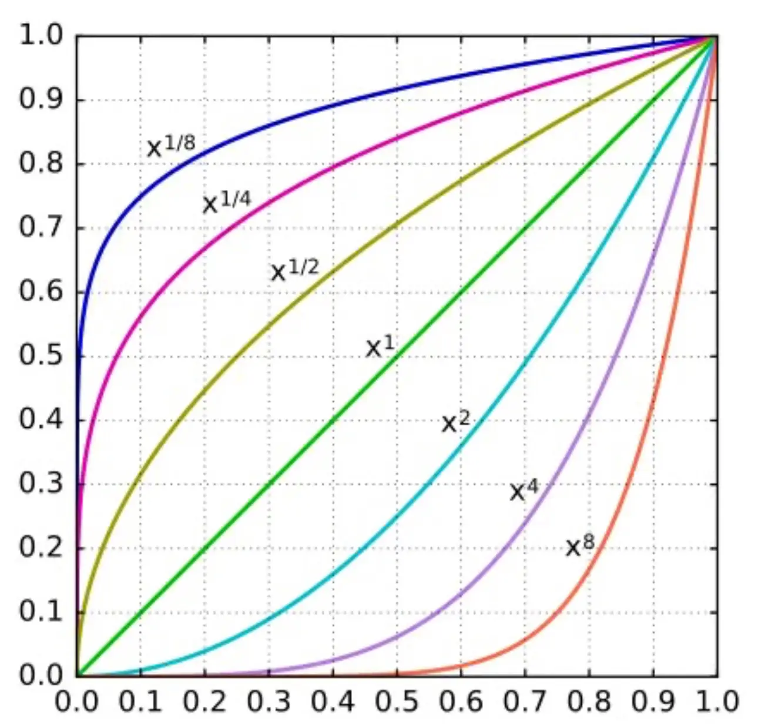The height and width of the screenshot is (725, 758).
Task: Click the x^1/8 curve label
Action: tap(170, 146)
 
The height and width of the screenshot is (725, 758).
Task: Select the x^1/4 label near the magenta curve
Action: tap(227, 202)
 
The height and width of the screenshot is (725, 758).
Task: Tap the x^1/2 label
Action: tap(294, 270)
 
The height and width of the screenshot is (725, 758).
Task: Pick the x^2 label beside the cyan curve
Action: tap(456, 421)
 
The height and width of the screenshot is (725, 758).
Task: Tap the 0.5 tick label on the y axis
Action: tap(40, 355)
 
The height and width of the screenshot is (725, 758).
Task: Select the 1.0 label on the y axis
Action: tap(40, 36)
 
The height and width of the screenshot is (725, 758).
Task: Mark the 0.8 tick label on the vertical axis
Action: tap(40, 164)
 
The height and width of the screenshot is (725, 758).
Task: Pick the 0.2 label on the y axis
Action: tap(40, 548)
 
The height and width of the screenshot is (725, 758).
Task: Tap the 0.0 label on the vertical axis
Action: tap(40, 675)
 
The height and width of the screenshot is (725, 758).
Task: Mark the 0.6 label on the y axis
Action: tap(40, 291)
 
